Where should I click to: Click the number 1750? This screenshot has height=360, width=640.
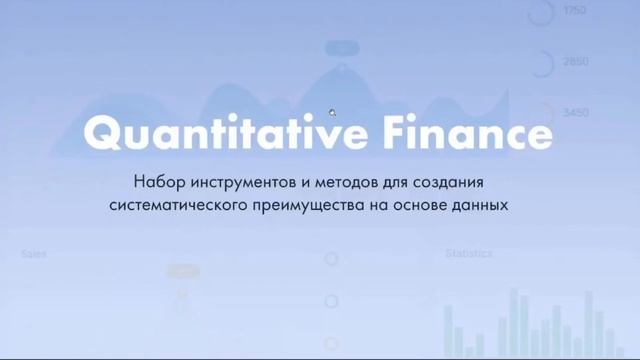[x=575, y=11]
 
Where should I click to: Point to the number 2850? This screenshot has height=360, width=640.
[x=575, y=62]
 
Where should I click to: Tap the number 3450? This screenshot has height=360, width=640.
[x=575, y=113]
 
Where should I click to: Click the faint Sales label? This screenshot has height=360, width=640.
[x=34, y=254]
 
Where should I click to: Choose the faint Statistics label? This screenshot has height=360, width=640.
[x=468, y=254]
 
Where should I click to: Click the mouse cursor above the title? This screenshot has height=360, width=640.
[x=333, y=113]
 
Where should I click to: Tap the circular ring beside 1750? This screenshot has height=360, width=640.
[x=541, y=12]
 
